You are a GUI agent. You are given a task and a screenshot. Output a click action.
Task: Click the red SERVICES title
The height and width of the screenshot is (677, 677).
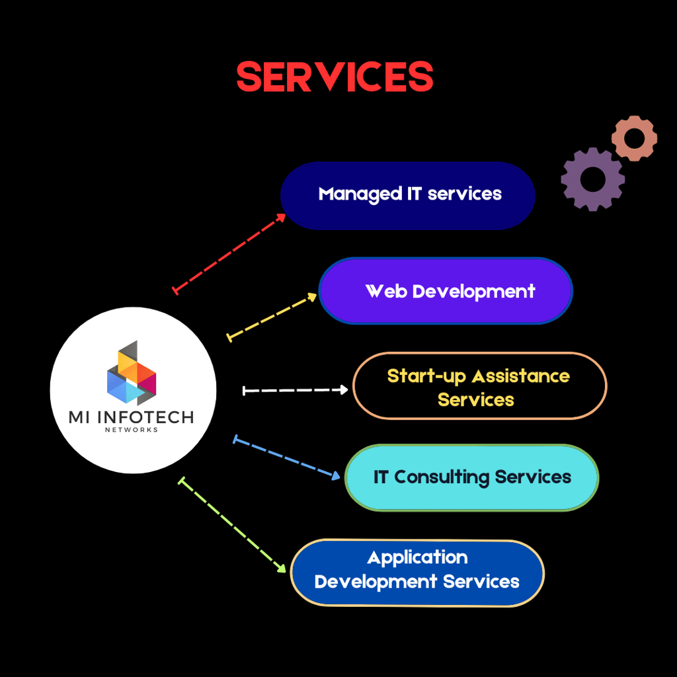tap(335, 77)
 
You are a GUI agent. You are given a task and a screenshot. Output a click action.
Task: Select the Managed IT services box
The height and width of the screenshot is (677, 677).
tap(407, 196)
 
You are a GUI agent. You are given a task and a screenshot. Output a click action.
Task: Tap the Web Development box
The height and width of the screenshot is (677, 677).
tap(446, 291)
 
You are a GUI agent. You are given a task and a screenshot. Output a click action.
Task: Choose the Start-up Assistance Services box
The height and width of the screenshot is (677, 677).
tap(479, 386)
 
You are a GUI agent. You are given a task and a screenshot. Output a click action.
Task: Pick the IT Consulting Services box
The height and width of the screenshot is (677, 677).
tap(471, 477)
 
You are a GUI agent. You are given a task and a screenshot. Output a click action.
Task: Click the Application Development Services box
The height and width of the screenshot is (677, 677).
tap(417, 573)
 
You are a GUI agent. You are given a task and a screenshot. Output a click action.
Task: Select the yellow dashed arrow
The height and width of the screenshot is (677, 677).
tap(272, 317)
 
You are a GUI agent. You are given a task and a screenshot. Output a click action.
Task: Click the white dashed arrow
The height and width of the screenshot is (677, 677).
tap(296, 391)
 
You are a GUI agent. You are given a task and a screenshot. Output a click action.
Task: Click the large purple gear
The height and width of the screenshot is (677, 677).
tap(592, 179)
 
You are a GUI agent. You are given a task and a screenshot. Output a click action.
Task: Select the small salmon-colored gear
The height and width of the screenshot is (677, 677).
tap(634, 138)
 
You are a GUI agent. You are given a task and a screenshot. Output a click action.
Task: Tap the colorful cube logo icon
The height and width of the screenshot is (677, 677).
tap(132, 373)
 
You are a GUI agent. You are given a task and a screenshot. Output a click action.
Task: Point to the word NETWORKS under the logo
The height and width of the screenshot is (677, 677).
tap(132, 430)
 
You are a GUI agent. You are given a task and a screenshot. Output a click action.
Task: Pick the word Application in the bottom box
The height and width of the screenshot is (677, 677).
tap(417, 557)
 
